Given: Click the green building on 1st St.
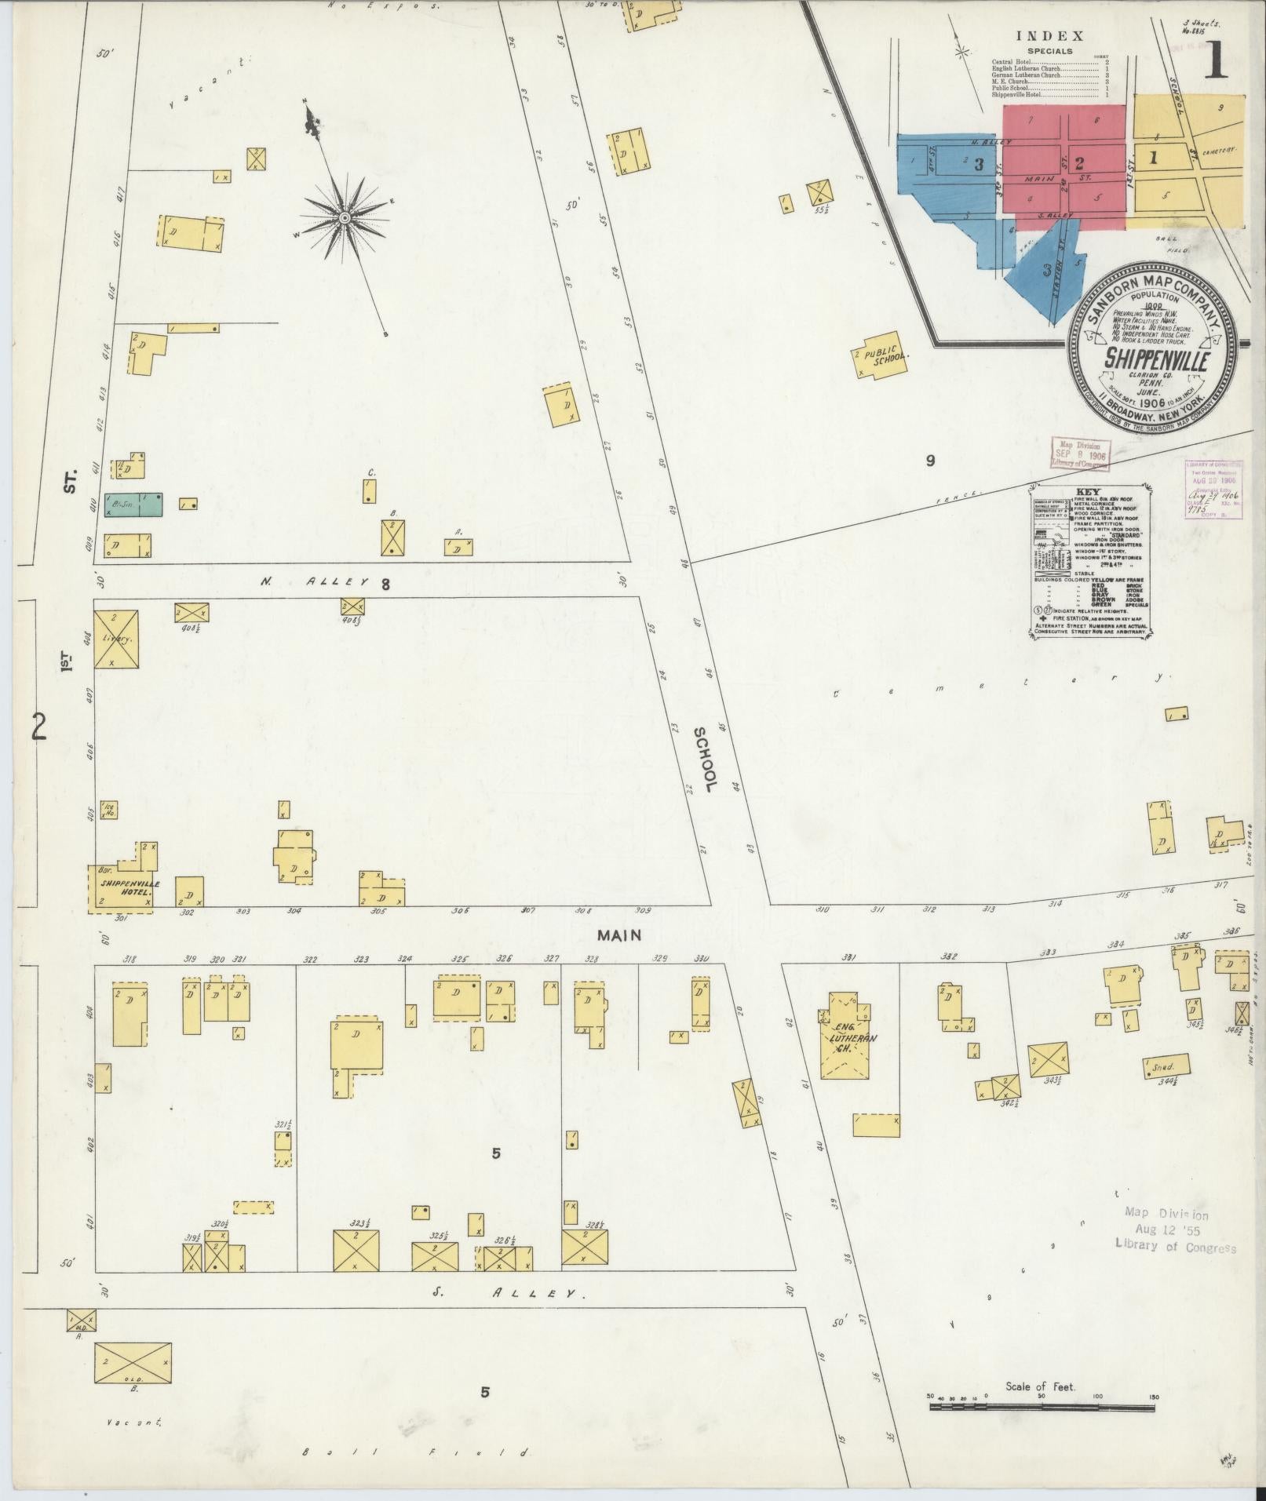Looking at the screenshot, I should pyautogui.click(x=133, y=505).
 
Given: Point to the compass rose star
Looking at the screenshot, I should pyautogui.click(x=344, y=217).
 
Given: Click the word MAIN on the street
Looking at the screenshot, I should pyautogui.click(x=619, y=935).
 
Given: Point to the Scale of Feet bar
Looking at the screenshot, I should pyautogui.click(x=1041, y=1407).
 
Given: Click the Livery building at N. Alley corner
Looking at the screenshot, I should pyautogui.click(x=116, y=639).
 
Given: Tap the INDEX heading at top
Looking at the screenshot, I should pyautogui.click(x=1049, y=36).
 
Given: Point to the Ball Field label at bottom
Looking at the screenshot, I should pyautogui.click(x=416, y=1452).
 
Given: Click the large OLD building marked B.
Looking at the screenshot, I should pyautogui.click(x=133, y=1364).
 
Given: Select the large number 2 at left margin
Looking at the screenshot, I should pyautogui.click(x=38, y=728).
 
